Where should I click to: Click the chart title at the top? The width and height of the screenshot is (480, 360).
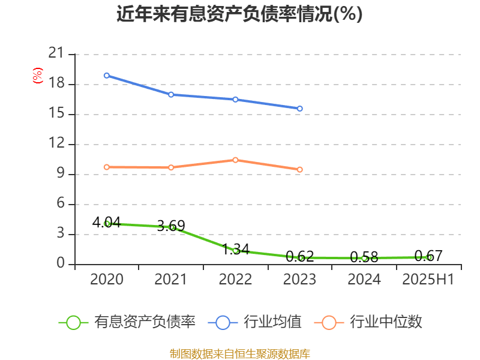click(239, 14)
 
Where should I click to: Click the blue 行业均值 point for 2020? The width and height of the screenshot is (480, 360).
click(106, 76)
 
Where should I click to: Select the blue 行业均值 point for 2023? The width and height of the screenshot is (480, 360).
click(300, 109)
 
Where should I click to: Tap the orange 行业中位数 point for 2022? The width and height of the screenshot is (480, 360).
click(235, 160)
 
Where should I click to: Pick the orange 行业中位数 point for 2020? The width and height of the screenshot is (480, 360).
click(106, 167)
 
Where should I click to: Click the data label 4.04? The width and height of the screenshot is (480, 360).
click(106, 223)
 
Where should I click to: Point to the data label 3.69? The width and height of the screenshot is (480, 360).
click(171, 226)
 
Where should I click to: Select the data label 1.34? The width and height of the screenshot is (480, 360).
click(235, 249)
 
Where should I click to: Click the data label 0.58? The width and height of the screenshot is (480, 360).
click(364, 257)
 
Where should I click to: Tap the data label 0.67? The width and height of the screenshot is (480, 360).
click(428, 256)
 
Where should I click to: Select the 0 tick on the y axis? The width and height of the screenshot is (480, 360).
click(60, 264)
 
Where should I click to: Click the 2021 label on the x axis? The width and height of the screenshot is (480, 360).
click(171, 280)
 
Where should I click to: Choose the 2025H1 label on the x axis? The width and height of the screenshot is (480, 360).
click(428, 280)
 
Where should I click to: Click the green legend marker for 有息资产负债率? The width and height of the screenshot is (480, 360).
click(73, 322)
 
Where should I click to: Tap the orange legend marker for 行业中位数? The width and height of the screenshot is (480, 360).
click(329, 322)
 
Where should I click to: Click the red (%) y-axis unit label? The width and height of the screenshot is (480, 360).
click(38, 76)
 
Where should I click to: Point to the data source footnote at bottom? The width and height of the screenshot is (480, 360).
click(239, 353)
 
